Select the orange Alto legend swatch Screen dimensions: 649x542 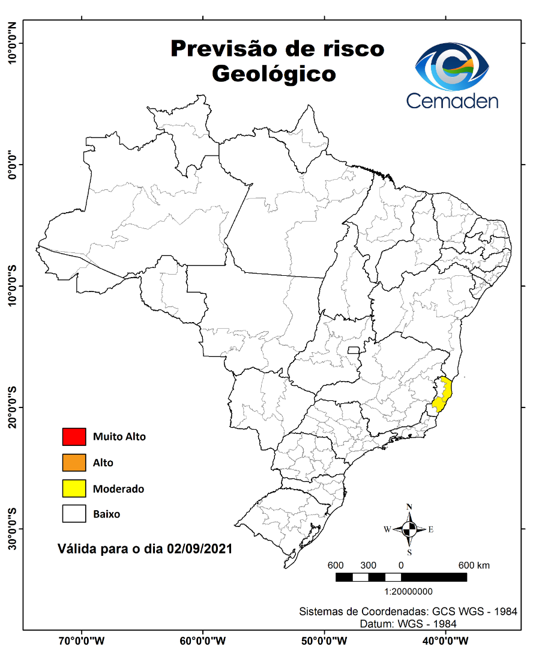[x=74, y=463]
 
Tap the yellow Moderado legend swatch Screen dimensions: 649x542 [x=74, y=489]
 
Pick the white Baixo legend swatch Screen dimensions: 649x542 [x=74, y=514]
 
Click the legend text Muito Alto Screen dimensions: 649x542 [x=119, y=437]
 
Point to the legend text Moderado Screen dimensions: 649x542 [x=118, y=489]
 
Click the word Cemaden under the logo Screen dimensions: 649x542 [x=452, y=100]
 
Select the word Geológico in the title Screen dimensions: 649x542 [x=274, y=74]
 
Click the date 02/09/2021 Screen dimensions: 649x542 [x=199, y=549]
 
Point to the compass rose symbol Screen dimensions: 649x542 [x=409, y=529]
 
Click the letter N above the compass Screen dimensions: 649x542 [x=409, y=507]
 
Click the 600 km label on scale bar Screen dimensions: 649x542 [x=474, y=565]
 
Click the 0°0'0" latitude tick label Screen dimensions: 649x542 [x=11, y=164]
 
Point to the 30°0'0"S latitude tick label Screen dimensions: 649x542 [x=11, y=528]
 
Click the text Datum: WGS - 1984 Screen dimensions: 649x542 [x=408, y=624]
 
